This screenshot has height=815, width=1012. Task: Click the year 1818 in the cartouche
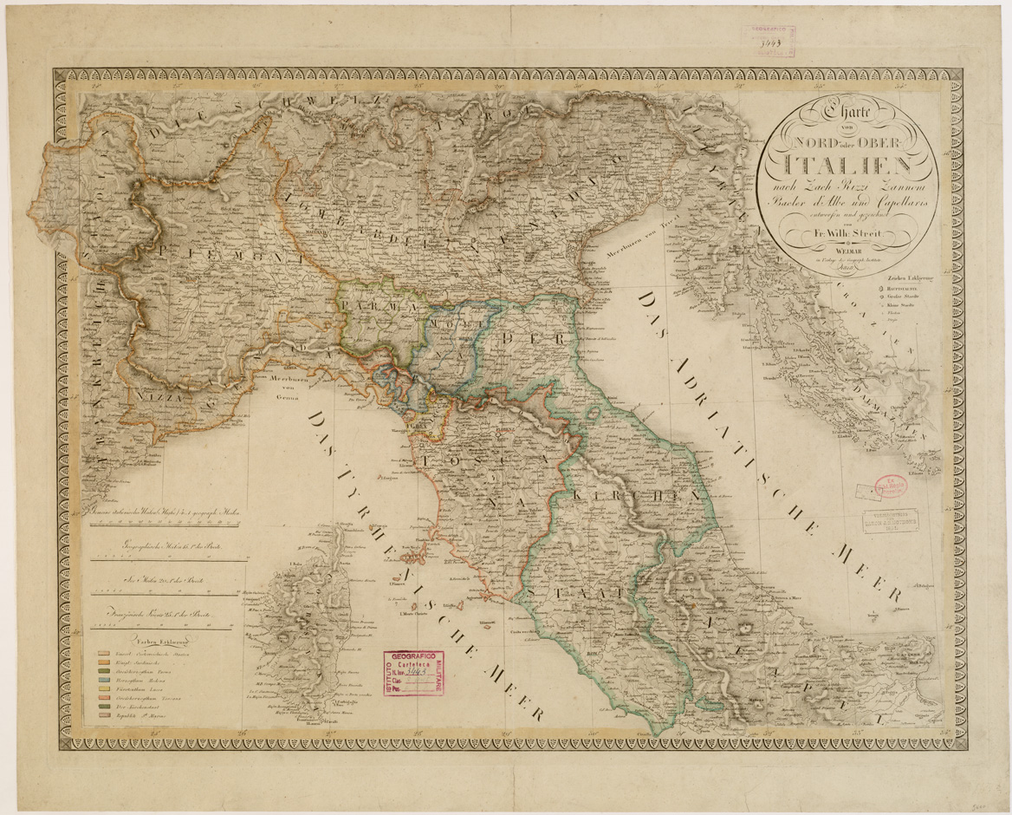837,269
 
